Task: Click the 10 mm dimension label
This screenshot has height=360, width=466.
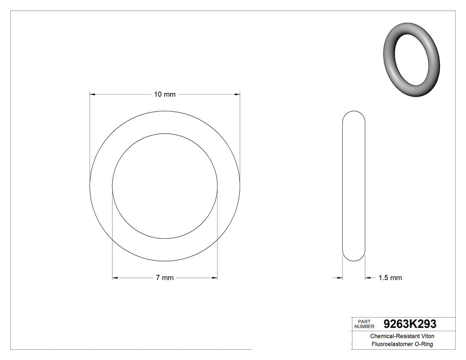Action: click(165, 94)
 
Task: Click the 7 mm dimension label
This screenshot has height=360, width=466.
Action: click(165, 278)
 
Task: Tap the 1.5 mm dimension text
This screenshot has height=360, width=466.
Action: click(390, 278)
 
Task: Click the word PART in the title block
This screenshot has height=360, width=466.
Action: click(364, 321)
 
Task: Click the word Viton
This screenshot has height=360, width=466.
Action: click(427, 336)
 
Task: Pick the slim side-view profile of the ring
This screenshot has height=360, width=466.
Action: click(354, 186)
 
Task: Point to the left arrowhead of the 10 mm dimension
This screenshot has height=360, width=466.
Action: click(93, 94)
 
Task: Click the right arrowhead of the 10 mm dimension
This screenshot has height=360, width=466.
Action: click(237, 94)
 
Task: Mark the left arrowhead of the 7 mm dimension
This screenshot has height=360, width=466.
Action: click(115, 278)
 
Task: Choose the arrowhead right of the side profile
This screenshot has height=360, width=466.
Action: click(368, 278)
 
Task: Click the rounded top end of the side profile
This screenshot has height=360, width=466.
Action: click(354, 113)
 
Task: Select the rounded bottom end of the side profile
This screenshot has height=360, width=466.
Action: click(354, 258)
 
